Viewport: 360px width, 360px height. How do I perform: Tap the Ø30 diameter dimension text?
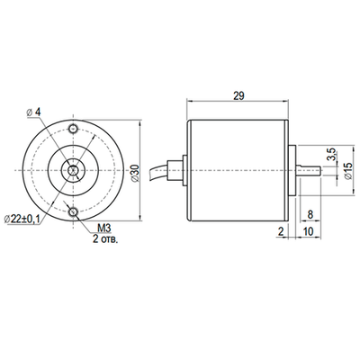135,171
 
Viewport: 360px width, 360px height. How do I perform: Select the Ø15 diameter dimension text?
348,172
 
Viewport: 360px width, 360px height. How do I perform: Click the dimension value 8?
310,215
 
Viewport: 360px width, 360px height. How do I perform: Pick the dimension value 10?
310,231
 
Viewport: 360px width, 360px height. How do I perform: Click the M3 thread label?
103,229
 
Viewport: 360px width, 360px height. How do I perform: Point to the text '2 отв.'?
105,240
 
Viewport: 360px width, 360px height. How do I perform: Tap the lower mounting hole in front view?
72,211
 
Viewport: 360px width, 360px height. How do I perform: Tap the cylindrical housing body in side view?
235,167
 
